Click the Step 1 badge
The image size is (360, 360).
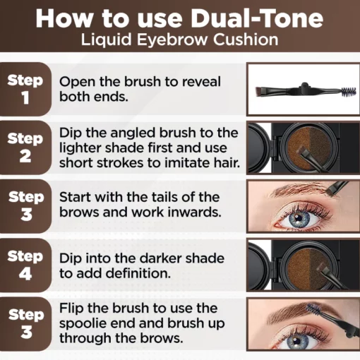pyautogui.click(x=25, y=88)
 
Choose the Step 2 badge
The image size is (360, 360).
pyautogui.click(x=25, y=147)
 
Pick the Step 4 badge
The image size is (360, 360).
pyautogui.click(x=25, y=264)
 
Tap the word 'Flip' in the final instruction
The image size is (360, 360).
pyautogui.click(x=72, y=308)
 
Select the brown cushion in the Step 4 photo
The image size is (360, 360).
pyautogui.click(x=305, y=267)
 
